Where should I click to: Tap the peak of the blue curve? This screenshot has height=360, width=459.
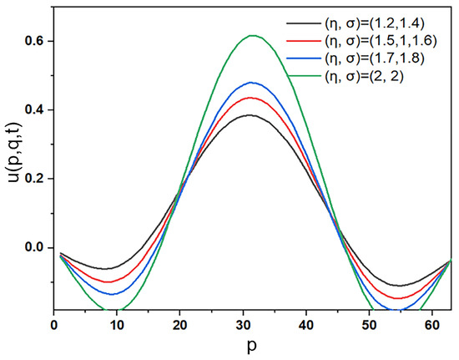252,83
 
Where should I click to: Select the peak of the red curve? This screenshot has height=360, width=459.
252,98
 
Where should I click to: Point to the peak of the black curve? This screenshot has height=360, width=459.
251,115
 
